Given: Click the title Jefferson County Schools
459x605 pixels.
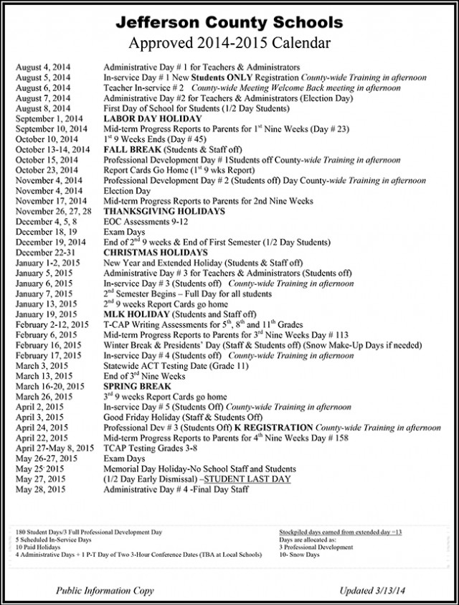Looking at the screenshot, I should click(229, 19).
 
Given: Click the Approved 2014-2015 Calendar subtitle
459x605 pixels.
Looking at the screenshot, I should click(229, 42).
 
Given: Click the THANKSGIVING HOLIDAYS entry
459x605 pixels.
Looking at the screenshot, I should click(165, 212).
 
